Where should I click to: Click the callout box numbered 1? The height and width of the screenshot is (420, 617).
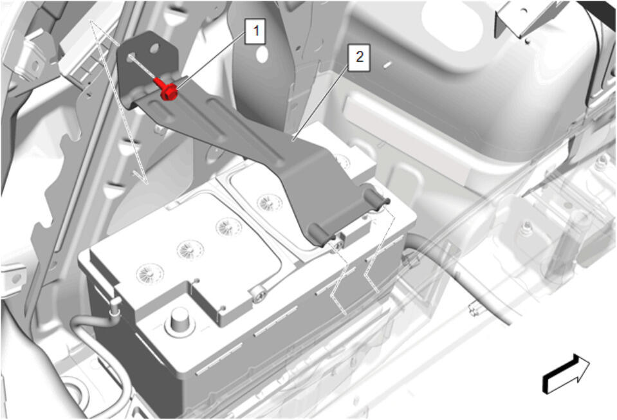pos(256,31)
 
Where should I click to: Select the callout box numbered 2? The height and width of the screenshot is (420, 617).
pos(359,57)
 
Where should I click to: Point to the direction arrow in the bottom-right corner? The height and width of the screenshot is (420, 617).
pos(566,374)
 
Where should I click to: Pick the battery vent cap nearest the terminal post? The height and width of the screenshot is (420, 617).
pos(150,273)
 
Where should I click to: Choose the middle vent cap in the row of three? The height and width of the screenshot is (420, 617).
pos(191,249)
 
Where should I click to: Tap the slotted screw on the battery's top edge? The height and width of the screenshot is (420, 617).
pos(259,294)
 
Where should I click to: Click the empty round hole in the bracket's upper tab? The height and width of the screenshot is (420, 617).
pos(154,49)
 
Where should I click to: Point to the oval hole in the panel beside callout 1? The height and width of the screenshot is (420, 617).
pos(262,55)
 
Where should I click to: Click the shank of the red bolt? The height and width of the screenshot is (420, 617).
pos(159,82)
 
